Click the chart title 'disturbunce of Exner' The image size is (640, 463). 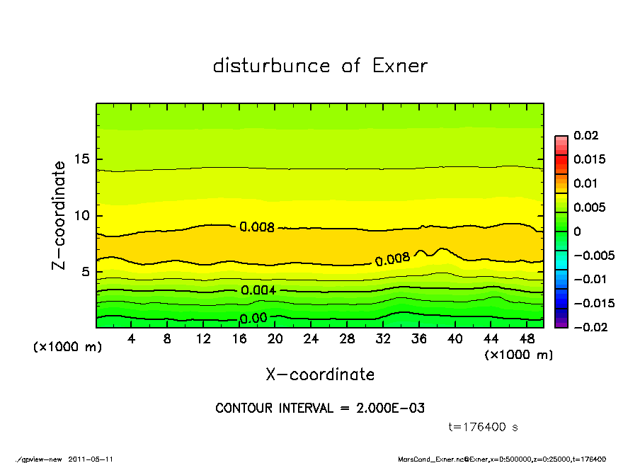tap(320, 66)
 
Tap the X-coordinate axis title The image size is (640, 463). tap(320, 374)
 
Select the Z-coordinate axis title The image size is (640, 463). tap(59, 215)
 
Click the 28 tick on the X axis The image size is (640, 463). tap(347, 338)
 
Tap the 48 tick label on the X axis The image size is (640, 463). tap(527, 338)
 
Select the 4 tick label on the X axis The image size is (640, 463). tap(131, 338)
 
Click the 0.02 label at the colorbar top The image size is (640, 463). tap(586, 135)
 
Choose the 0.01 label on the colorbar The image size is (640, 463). tap(586, 183)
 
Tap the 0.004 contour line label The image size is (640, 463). tap(258, 290)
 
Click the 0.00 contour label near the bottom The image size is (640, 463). tap(253, 319)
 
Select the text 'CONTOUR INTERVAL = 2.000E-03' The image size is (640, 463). tap(320, 408)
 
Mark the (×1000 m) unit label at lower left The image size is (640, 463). tap(63, 347)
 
